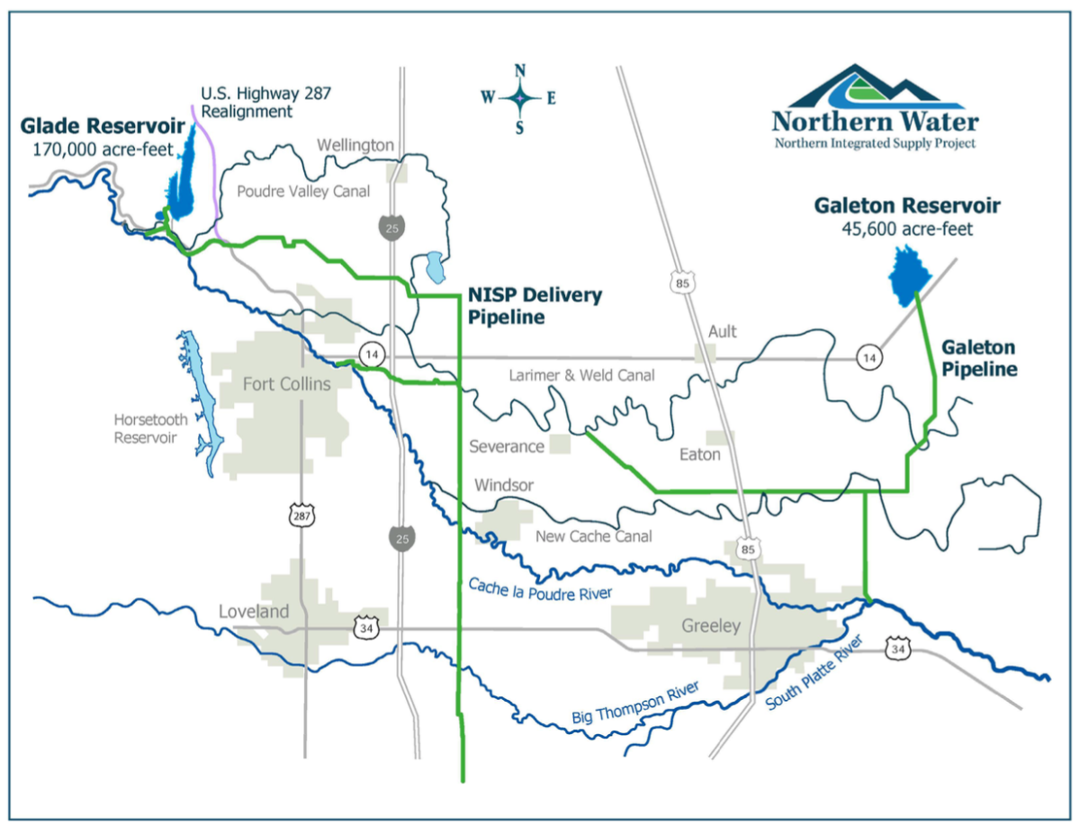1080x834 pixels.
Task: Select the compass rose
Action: pyautogui.click(x=519, y=97)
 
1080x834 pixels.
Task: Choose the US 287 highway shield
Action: pyautogui.click(x=300, y=516)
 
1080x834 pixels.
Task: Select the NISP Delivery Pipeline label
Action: pyautogui.click(x=535, y=306)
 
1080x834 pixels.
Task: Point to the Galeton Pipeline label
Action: pyautogui.click(x=978, y=358)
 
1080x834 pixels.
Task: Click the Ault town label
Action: pyautogui.click(x=722, y=331)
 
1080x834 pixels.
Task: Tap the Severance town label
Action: pyautogui.click(x=507, y=446)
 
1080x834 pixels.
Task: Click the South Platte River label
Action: pyautogui.click(x=814, y=673)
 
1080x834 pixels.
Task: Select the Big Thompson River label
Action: pyautogui.click(x=635, y=704)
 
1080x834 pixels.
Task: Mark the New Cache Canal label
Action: pyautogui.click(x=593, y=536)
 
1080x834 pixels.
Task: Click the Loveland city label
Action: pyautogui.click(x=255, y=612)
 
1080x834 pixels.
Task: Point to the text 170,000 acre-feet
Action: pyautogui.click(x=102, y=148)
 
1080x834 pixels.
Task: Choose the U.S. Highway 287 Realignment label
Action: pyautogui.click(x=247, y=103)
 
